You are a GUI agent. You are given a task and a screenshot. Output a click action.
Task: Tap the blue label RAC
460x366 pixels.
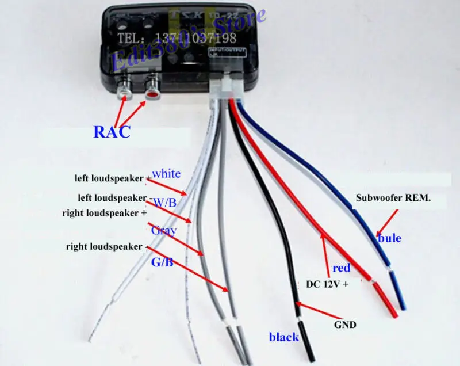pyautogui.click(x=112, y=131)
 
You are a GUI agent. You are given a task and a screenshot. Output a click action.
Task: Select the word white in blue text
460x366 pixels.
pyautogui.click(x=166, y=173)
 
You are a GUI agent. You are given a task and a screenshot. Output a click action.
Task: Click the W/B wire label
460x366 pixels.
pyautogui.click(x=166, y=202)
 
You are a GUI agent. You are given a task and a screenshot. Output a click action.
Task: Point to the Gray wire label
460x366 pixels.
pyautogui.click(x=164, y=231)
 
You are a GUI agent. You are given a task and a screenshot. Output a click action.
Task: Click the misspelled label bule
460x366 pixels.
pyautogui.click(x=389, y=237)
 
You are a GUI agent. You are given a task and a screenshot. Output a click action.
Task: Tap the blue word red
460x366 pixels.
pyautogui.click(x=341, y=268)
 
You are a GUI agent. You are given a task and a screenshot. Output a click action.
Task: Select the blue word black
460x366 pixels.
pyautogui.click(x=284, y=337)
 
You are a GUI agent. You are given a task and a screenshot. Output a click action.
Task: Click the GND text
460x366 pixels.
pyautogui.click(x=345, y=325)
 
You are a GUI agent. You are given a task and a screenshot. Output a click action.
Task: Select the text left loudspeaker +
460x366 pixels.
pyautogui.click(x=112, y=178)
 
